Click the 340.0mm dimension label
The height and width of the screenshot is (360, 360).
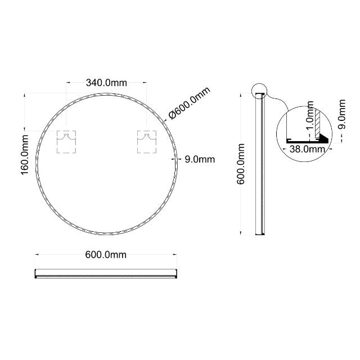pyautogui.click(x=106, y=83)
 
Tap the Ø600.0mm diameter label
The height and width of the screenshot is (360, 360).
pyautogui.click(x=190, y=103)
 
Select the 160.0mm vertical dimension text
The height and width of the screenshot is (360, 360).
pyautogui.click(x=25, y=153)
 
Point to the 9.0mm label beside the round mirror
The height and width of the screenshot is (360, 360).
pyautogui.click(x=200, y=160)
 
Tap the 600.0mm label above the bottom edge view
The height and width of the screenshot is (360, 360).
pyautogui.click(x=106, y=255)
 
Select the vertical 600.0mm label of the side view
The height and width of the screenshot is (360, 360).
pyautogui.click(x=241, y=163)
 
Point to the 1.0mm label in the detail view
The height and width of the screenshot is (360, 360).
pyautogui.click(x=309, y=120)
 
